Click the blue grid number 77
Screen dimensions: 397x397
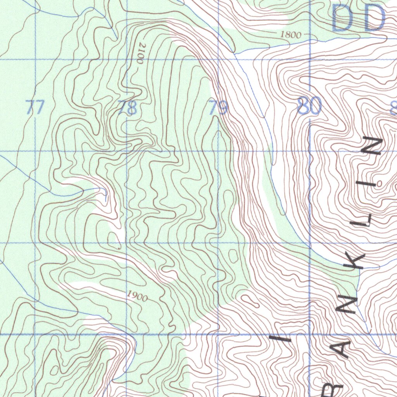(x=35, y=107)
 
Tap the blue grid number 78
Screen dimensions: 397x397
(x=128, y=107)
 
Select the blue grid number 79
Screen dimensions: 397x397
(x=218, y=107)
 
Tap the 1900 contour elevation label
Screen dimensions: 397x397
(x=138, y=297)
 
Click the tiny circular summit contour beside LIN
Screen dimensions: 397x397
(x=380, y=183)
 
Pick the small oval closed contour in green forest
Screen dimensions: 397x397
(x=233, y=255)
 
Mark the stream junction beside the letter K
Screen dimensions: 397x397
(x=360, y=271)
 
